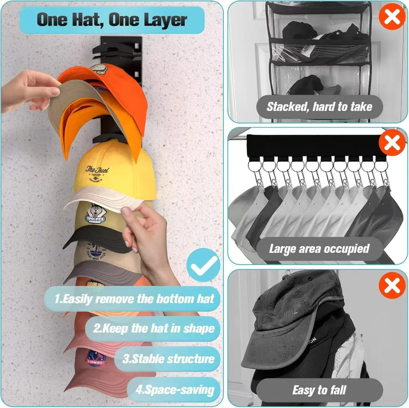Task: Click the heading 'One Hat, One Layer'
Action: coord(111,20)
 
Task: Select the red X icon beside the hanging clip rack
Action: coord(392,143)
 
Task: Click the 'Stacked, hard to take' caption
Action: coord(319,107)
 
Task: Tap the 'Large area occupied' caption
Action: coord(319,249)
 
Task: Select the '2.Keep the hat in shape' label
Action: coord(153,328)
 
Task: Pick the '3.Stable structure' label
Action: coord(168,359)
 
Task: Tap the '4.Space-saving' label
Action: coord(174,390)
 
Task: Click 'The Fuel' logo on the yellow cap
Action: coord(97,174)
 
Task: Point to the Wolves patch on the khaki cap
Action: coord(95,213)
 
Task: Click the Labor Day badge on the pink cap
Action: coord(96,358)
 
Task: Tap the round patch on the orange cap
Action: coord(97,70)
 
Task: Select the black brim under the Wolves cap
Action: coord(92,237)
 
